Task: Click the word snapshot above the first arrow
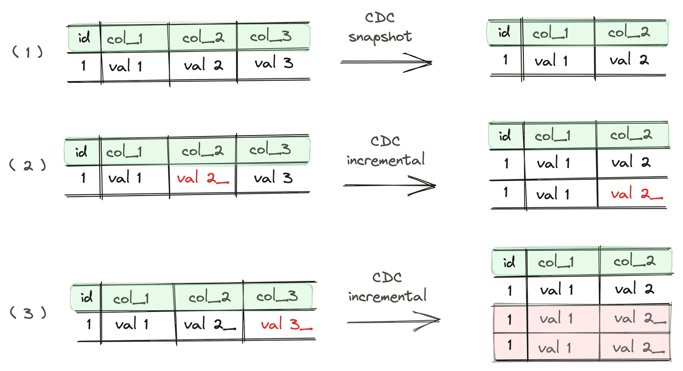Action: point(381,37)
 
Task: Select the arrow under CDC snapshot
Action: point(386,62)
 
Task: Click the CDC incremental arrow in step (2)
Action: point(389,186)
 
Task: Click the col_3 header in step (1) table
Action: point(272,37)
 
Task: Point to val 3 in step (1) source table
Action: point(273,63)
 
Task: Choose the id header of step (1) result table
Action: point(504,33)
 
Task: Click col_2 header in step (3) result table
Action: point(635,262)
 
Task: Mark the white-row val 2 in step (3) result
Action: point(632,290)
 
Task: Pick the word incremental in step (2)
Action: point(385,159)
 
